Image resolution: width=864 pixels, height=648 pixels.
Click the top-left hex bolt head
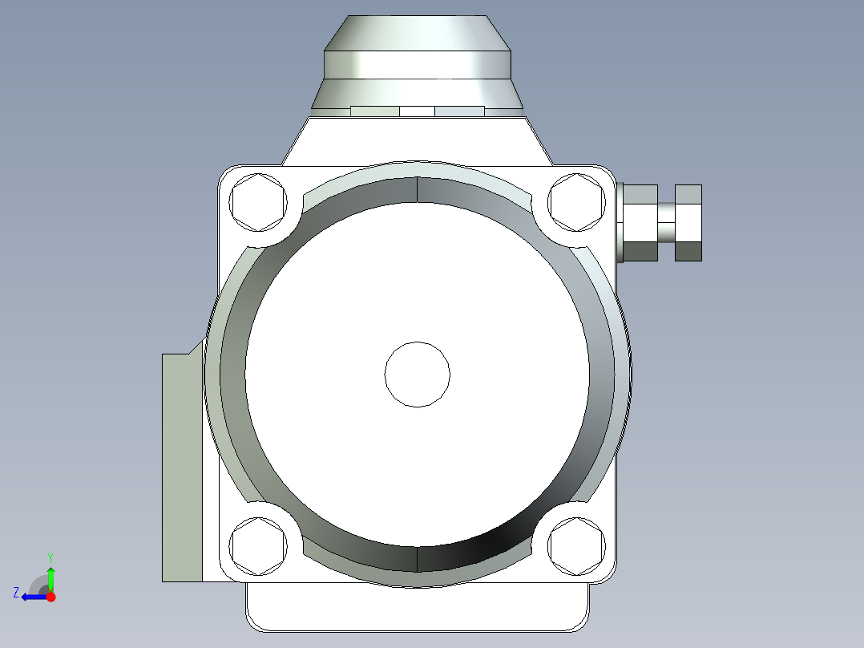(258, 201)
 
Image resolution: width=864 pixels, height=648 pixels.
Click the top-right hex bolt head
(576, 201)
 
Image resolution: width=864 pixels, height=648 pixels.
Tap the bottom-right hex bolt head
(576, 547)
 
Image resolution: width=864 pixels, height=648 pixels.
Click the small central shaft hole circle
(417, 374)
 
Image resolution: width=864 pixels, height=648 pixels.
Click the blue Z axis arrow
(34, 596)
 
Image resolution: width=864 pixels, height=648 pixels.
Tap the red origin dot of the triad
(50, 597)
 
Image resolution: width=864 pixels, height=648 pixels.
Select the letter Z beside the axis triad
(16, 593)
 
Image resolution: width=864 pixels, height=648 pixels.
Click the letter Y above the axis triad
(50, 557)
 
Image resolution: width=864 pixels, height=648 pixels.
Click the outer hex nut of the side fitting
(688, 222)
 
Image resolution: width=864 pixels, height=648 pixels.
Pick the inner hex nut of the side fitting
(640, 222)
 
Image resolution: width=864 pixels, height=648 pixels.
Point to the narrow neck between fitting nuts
(667, 222)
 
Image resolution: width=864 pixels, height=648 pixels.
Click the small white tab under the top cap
(417, 111)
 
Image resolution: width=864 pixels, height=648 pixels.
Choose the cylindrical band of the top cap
(417, 65)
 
